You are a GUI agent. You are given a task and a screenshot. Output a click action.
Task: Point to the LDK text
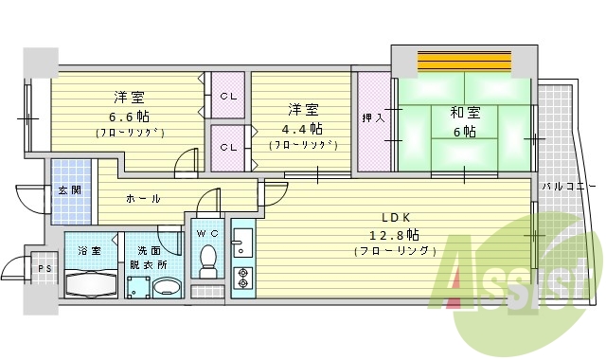pyautogui.click(x=395, y=216)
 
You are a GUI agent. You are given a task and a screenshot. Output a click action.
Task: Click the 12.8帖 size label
pyautogui.click(x=395, y=234)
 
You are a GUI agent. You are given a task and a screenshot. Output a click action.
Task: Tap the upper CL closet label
pyautogui.click(x=228, y=96)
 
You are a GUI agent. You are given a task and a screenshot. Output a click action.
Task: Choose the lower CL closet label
pyautogui.click(x=228, y=147)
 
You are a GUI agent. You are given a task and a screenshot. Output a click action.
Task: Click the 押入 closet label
pyautogui.click(x=373, y=119)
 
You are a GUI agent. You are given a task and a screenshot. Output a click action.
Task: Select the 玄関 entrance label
pyautogui.click(x=70, y=189)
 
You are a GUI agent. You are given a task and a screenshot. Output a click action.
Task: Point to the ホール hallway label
pyautogui.click(x=143, y=199)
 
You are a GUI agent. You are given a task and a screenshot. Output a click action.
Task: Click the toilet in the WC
pyautogui.click(x=208, y=257)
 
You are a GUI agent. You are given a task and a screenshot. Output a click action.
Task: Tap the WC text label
pyautogui.click(x=207, y=232)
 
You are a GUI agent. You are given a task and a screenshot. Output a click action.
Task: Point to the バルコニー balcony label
pyautogui.click(x=568, y=187)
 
